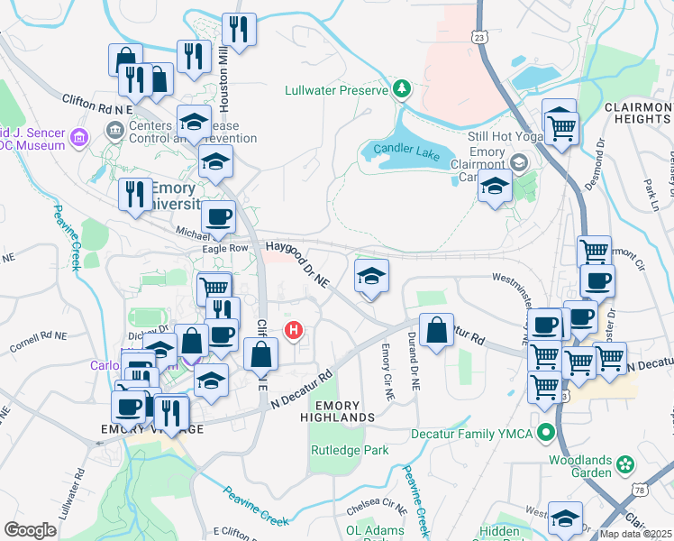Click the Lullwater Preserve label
pyautogui.click(x=335, y=90)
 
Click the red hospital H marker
pyautogui.click(x=294, y=331)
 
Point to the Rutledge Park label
pyautogui.click(x=349, y=449)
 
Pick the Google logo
pyautogui.click(x=30, y=530)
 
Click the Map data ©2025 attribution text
pyautogui.click(x=635, y=534)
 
